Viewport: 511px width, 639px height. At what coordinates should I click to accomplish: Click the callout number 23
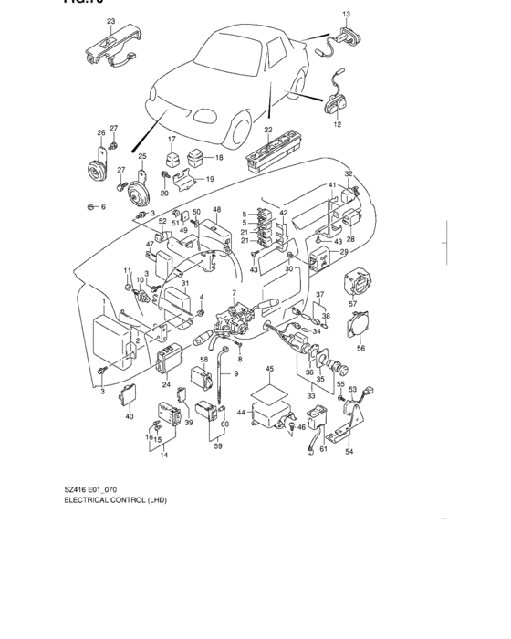click(x=110, y=21)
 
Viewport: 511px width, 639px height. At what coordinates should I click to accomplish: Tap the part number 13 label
click(x=347, y=16)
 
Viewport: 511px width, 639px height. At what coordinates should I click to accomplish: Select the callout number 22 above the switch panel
click(x=268, y=131)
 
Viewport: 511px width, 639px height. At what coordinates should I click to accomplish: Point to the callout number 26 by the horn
click(x=101, y=132)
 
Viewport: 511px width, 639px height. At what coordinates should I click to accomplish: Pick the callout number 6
click(x=103, y=207)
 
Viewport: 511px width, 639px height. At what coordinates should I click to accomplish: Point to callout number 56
click(x=360, y=348)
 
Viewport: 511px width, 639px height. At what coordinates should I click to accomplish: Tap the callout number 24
click(x=167, y=384)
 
